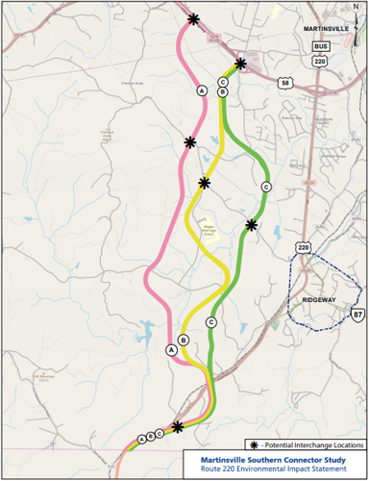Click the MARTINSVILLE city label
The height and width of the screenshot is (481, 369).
[327, 30]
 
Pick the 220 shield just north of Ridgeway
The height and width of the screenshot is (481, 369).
[305, 247]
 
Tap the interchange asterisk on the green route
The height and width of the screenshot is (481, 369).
[251, 225]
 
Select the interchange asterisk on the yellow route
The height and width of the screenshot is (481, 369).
[204, 183]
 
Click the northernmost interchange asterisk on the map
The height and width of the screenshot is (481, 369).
[194, 18]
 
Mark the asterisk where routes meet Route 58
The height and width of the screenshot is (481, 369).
[240, 64]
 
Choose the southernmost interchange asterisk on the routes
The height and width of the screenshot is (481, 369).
[178, 426]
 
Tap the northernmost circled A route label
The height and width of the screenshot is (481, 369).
[202, 89]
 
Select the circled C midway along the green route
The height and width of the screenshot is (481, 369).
[265, 186]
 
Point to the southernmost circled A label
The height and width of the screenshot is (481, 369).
[141, 439]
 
